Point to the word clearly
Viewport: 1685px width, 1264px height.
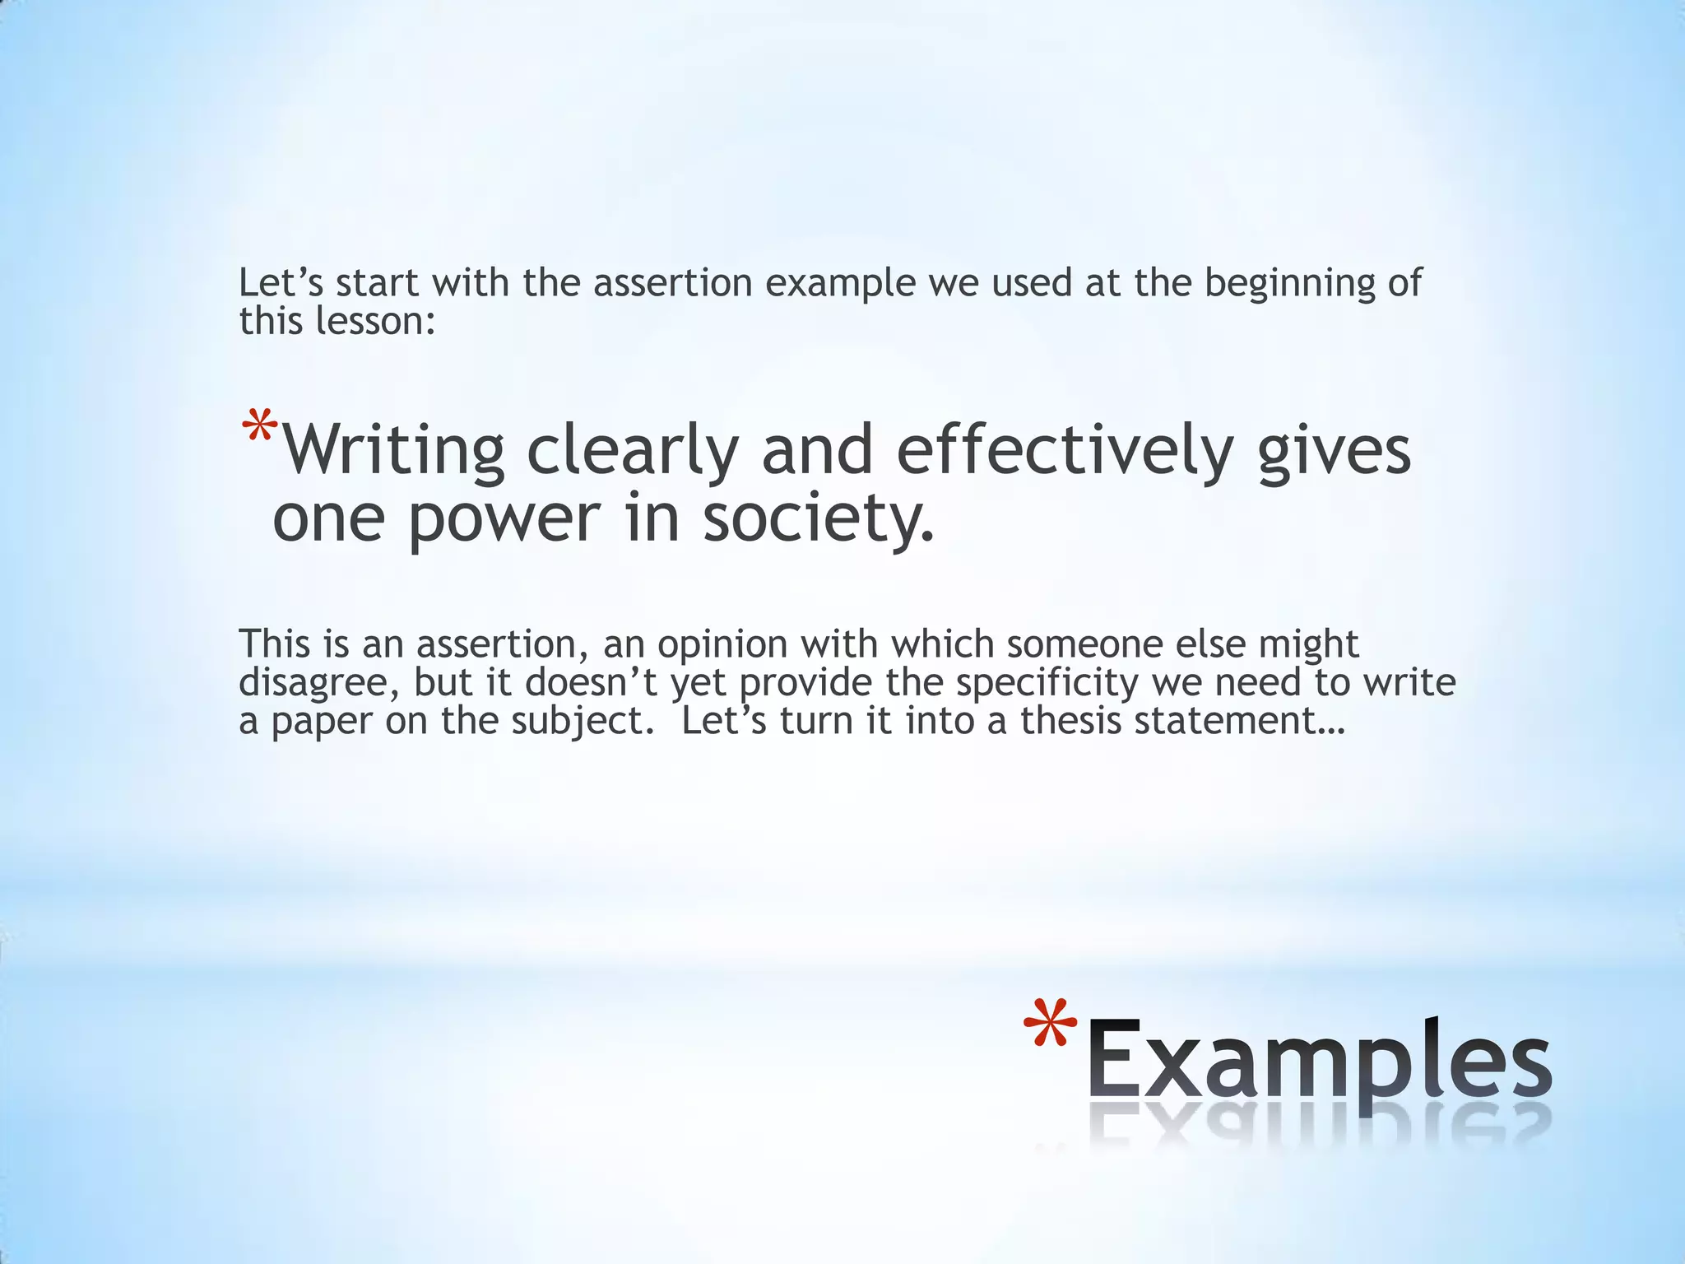pyautogui.click(x=632, y=450)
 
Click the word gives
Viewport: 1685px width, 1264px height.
pyautogui.click(x=1334, y=450)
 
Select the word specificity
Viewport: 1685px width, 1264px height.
pyautogui.click(x=1047, y=682)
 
